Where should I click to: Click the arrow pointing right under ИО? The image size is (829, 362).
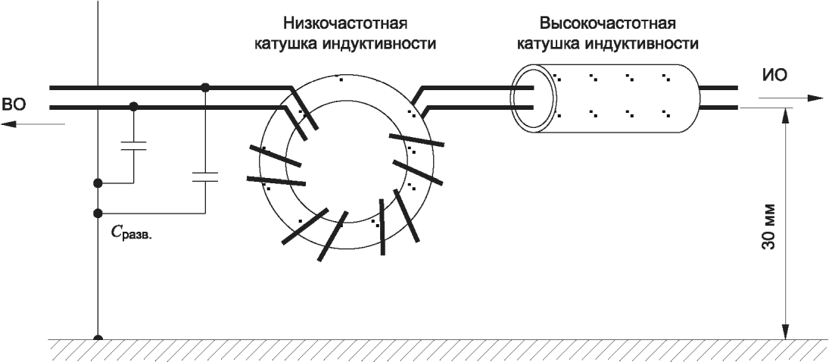[810, 98]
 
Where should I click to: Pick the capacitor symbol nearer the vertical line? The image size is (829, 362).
[134, 145]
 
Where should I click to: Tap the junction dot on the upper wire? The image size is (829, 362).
[205, 88]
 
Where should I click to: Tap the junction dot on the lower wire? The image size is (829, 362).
[134, 107]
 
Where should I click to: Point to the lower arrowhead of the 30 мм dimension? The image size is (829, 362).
[788, 332]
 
